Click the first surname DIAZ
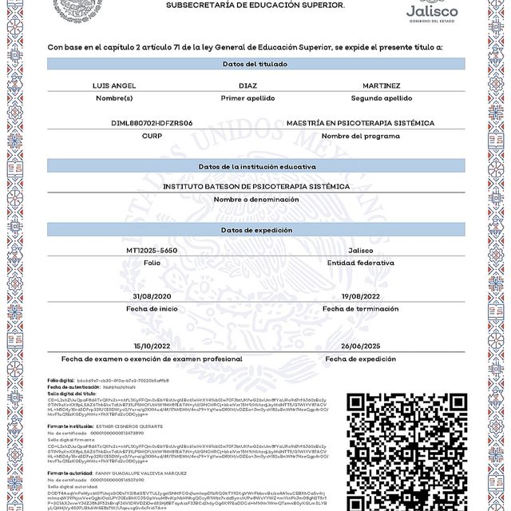(x=248, y=85)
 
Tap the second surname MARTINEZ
(x=381, y=85)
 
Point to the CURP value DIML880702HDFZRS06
(x=152, y=123)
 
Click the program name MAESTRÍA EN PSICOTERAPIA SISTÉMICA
(x=360, y=123)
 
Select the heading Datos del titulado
(x=256, y=63)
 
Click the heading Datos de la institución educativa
(x=256, y=166)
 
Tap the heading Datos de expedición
(x=256, y=230)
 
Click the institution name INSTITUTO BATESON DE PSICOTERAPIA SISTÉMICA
(x=256, y=186)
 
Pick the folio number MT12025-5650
(x=152, y=250)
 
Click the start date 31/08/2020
(x=152, y=295)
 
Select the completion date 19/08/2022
(x=360, y=295)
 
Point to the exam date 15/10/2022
(x=152, y=346)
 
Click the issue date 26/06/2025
(x=360, y=346)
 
